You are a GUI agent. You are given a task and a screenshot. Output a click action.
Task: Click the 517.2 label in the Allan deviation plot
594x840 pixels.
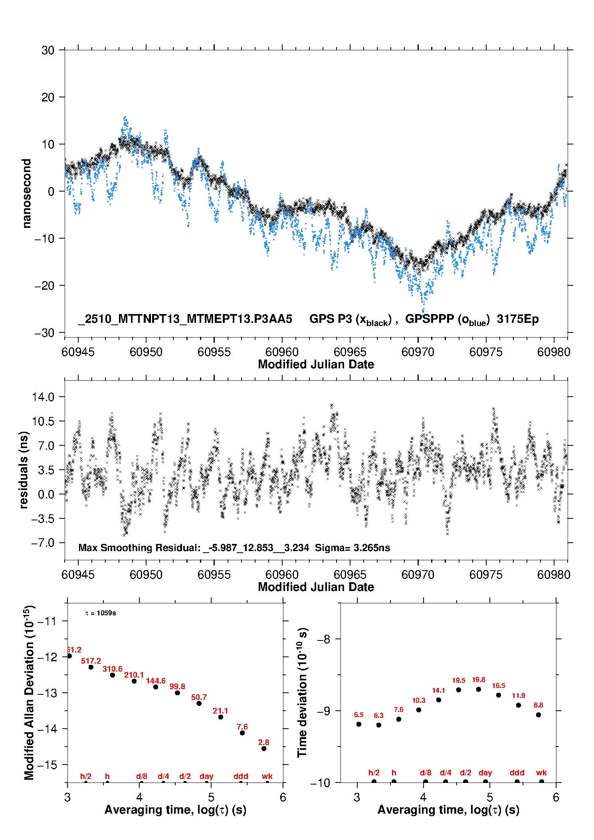tap(91, 661)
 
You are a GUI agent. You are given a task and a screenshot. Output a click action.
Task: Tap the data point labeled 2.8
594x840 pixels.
tap(264, 749)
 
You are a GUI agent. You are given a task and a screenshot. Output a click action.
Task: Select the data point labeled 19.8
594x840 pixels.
tap(479, 689)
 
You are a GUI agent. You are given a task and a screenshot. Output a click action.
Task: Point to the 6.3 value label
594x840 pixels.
tap(378, 715)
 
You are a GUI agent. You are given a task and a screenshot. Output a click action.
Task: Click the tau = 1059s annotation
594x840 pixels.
tap(101, 613)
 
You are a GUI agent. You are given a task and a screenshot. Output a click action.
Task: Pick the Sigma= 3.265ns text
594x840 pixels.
tap(352, 547)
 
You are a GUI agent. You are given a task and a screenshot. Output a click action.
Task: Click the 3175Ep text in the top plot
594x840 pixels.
tap(518, 319)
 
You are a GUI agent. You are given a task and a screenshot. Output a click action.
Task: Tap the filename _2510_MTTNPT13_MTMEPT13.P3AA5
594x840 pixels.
tap(185, 319)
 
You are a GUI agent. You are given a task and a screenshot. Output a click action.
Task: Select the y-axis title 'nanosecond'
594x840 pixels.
tap(26, 193)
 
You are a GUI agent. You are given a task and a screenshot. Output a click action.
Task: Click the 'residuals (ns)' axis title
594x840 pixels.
tap(24, 470)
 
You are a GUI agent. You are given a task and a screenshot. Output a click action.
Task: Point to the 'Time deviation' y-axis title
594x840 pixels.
tap(303, 692)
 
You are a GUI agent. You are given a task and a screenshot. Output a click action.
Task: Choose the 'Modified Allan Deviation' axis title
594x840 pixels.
tap(29, 692)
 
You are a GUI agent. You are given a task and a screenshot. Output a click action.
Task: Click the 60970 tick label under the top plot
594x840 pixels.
tap(418, 352)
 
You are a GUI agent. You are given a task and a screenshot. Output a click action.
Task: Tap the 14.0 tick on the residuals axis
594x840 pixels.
tap(43, 397)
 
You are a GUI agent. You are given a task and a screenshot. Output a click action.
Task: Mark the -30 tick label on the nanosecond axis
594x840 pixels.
tap(44, 333)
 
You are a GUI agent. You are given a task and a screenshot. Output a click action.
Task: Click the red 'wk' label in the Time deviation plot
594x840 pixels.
tap(541, 773)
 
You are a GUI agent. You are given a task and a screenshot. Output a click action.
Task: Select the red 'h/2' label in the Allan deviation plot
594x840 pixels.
tap(86, 776)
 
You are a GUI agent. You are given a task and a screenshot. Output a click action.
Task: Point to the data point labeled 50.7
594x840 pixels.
tap(199, 703)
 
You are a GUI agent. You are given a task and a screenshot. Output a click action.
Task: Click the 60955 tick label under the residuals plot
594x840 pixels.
tap(214, 575)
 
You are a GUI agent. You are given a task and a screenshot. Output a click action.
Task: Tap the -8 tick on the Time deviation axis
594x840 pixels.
tap(324, 639)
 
